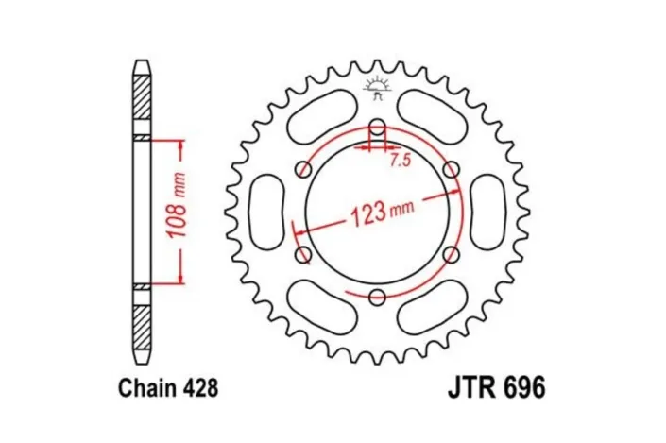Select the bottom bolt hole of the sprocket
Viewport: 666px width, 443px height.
pyautogui.click(x=377, y=298)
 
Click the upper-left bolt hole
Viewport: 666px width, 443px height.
pyautogui.click(x=302, y=169)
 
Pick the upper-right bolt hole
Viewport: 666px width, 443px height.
pyautogui.click(x=451, y=169)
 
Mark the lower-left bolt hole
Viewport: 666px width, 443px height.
pyautogui.click(x=302, y=255)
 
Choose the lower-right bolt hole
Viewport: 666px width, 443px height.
pyautogui.click(x=451, y=255)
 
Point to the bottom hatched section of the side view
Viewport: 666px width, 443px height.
pyautogui.click(x=141, y=328)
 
